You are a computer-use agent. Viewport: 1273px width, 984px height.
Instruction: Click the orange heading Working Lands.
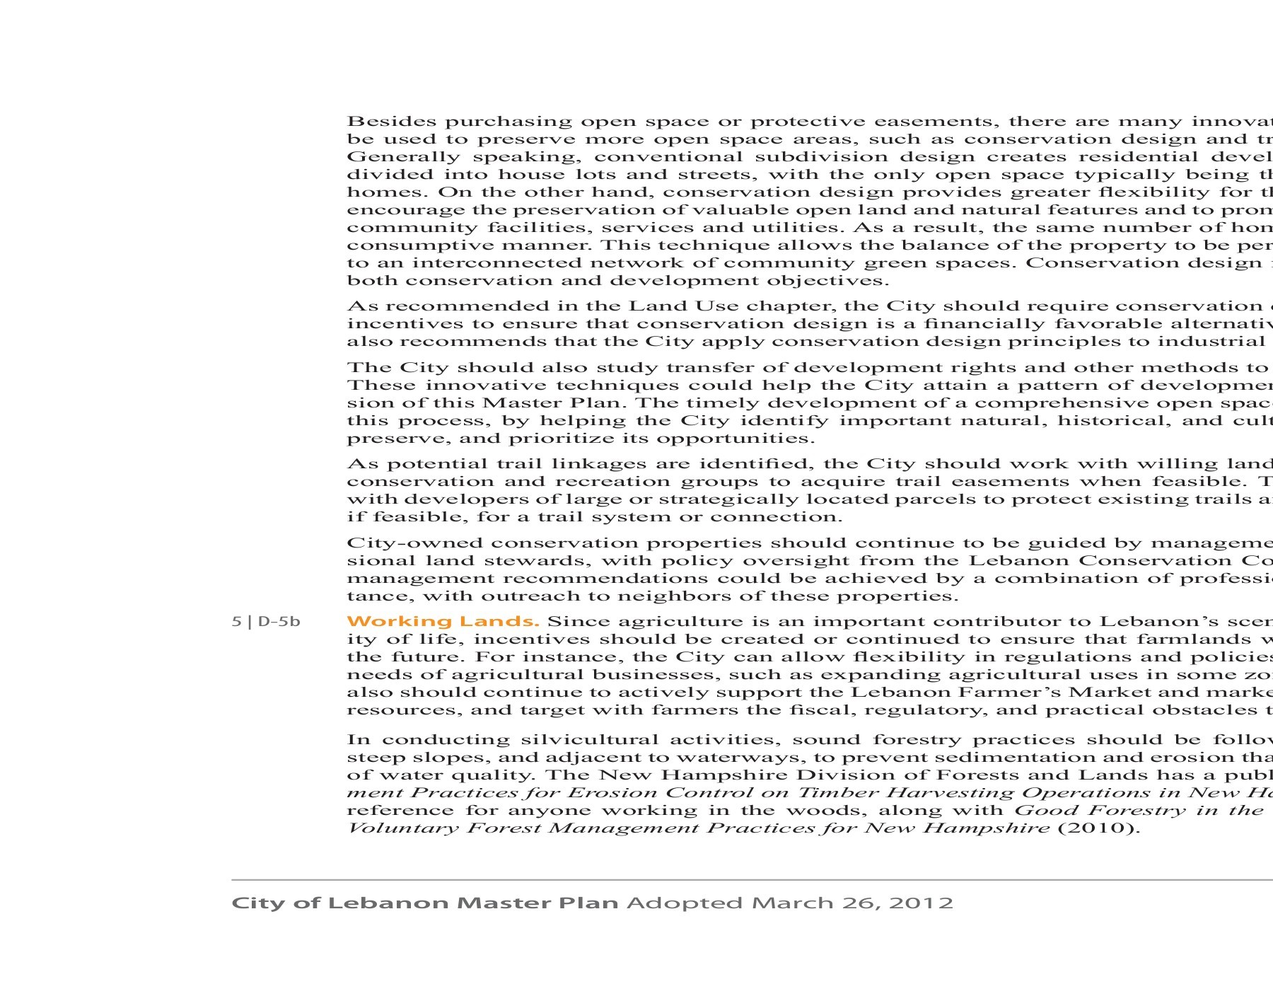(443, 622)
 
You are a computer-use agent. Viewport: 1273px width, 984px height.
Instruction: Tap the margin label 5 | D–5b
(266, 622)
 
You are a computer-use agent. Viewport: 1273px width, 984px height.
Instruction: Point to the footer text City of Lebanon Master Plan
(425, 903)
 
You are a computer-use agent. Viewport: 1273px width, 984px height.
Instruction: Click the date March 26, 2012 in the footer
(852, 903)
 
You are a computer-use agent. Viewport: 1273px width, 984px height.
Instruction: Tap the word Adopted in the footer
(685, 903)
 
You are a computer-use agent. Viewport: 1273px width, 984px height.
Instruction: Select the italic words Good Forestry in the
(1139, 810)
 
